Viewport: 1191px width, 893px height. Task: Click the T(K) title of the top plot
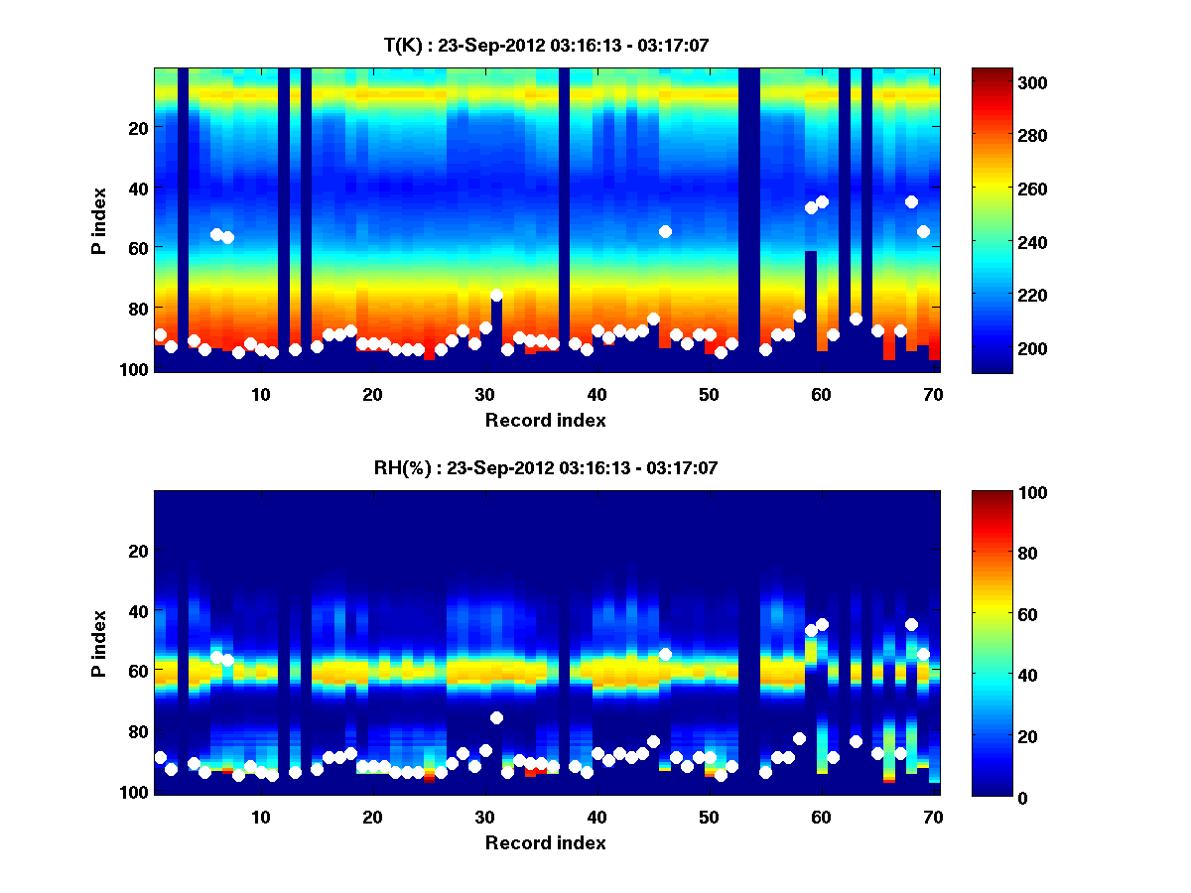click(546, 45)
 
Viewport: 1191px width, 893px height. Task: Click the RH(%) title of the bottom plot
click(546, 468)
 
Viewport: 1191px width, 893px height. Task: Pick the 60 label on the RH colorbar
click(1003, 615)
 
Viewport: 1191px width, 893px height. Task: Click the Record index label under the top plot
click(546, 421)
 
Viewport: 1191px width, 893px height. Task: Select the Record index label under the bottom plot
click(546, 843)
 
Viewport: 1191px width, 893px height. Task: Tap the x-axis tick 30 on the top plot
click(484, 394)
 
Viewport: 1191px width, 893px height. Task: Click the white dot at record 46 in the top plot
click(665, 231)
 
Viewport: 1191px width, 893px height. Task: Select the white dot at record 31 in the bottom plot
click(496, 717)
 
